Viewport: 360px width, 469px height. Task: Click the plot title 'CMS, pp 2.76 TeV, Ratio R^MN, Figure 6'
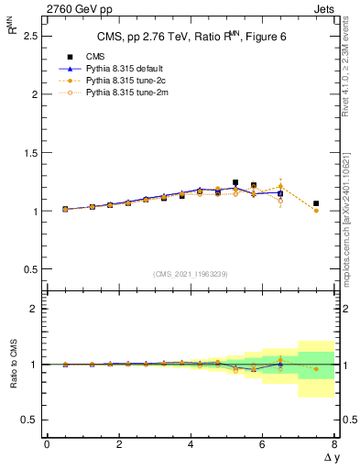pyautogui.click(x=191, y=37)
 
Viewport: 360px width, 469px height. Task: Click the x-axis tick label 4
pyautogui.click(x=191, y=444)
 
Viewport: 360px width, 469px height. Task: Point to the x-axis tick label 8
pyautogui.click(x=334, y=444)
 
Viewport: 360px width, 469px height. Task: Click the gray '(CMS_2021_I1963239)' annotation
pyautogui.click(x=191, y=273)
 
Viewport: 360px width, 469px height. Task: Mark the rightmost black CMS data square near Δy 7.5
pyautogui.click(x=316, y=203)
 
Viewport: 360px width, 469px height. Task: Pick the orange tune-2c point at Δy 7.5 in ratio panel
pyautogui.click(x=316, y=369)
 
